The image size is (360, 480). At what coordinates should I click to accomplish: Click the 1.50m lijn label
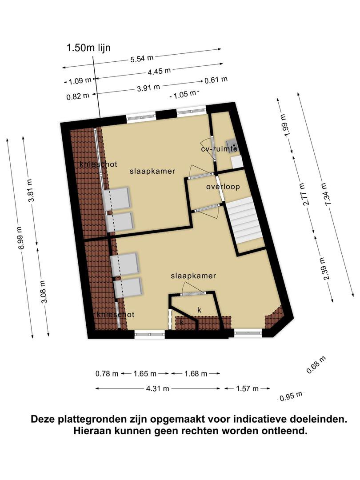coord(88,48)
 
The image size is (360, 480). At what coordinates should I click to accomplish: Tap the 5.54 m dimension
coord(142,58)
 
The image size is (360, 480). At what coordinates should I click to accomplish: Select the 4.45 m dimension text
coord(159,72)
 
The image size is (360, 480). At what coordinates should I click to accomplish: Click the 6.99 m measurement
coord(21,238)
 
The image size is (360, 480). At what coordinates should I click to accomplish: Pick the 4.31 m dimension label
coord(158,388)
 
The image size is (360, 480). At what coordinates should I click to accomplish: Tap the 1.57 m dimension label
coord(248,388)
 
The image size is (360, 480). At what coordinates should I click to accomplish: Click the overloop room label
coord(223,187)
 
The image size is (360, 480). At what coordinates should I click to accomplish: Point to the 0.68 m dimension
coord(316,365)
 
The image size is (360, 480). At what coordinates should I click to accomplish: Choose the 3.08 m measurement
coord(44,292)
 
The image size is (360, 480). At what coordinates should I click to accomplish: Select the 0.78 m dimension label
coord(107,373)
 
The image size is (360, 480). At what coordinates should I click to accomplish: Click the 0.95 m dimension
coord(291,396)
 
